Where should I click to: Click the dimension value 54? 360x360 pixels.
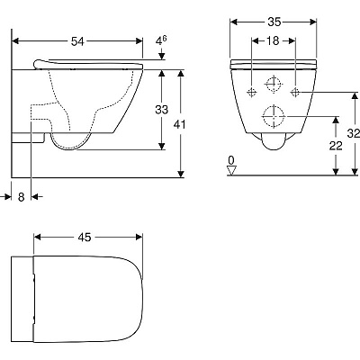(x=77, y=41)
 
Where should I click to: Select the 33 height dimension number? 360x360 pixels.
(x=162, y=110)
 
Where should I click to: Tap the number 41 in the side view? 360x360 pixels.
(x=180, y=124)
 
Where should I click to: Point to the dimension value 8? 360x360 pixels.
(x=21, y=197)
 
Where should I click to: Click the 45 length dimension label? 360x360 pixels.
(x=85, y=238)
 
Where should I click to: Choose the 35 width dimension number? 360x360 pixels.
(x=274, y=22)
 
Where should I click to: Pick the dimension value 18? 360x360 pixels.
(x=273, y=40)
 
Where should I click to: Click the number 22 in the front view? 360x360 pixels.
(x=336, y=146)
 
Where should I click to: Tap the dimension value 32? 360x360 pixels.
(x=354, y=133)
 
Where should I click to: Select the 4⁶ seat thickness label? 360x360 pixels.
(x=161, y=41)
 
